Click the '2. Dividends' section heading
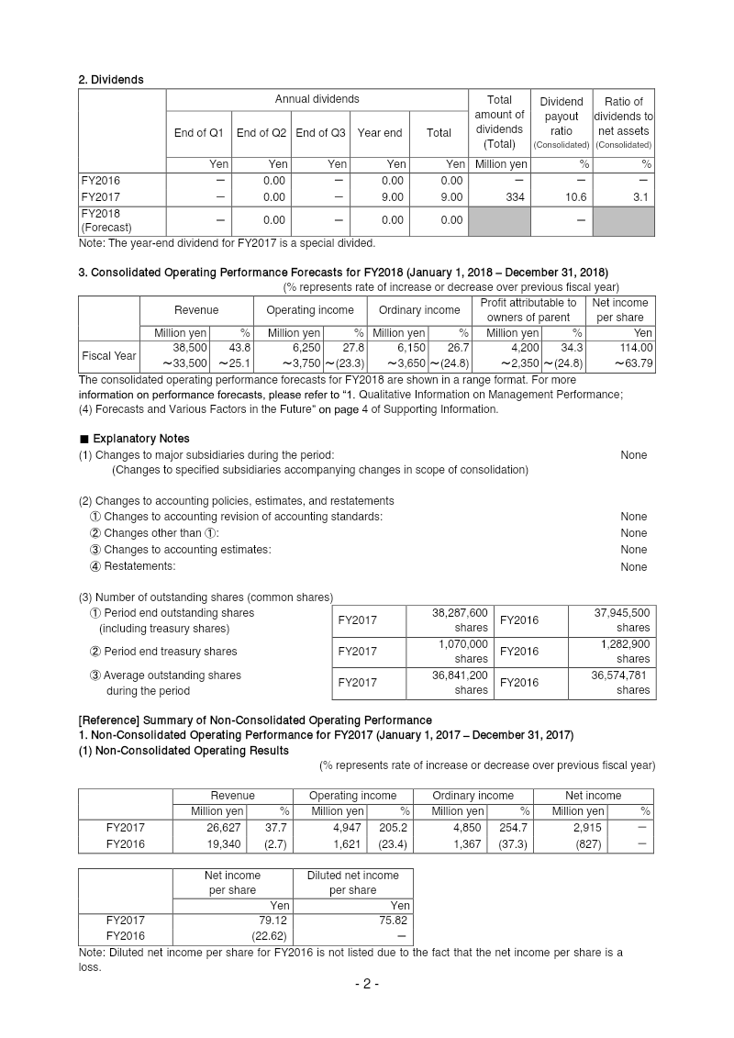pyautogui.click(x=111, y=80)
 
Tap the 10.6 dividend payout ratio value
pyautogui.click(x=561, y=197)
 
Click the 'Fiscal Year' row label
pyautogui.click(x=109, y=356)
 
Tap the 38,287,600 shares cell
pyautogui.click(x=460, y=612)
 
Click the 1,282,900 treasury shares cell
pyautogui.click(x=625, y=644)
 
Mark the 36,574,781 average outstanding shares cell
pyautogui.click(x=618, y=675)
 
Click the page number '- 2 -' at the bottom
pyautogui.click(x=367, y=985)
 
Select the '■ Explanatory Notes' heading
pyautogui.click(x=121, y=439)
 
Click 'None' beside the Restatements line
pyautogui.click(x=633, y=566)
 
